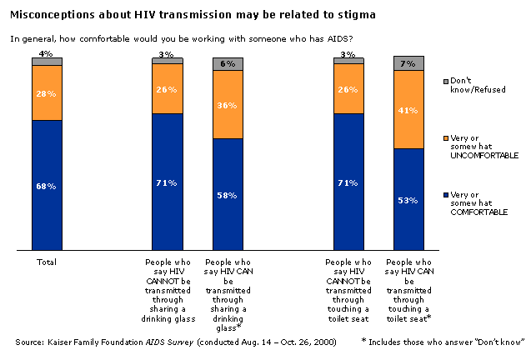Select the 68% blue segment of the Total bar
click(x=48, y=184)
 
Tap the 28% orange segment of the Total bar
click(x=48, y=92)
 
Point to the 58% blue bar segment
click(x=228, y=193)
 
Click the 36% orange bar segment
click(x=228, y=104)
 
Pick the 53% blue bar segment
click(x=409, y=198)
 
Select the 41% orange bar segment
click(x=409, y=109)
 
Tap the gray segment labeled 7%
click(x=409, y=63)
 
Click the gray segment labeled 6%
click(x=228, y=63)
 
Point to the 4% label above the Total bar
click(x=47, y=53)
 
